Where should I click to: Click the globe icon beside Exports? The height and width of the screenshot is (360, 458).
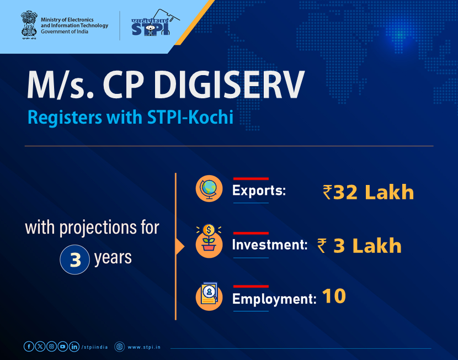(x=209, y=189)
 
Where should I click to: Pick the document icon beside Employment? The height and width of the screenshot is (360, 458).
(x=209, y=297)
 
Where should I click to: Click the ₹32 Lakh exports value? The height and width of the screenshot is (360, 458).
(x=368, y=192)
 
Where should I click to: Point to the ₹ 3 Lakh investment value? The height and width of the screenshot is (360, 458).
(x=359, y=246)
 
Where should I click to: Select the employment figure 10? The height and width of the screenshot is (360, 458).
(x=334, y=297)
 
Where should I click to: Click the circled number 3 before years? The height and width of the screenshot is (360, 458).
(x=74, y=259)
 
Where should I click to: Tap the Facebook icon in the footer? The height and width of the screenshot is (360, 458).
(x=29, y=347)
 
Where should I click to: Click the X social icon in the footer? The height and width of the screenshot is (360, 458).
(x=40, y=347)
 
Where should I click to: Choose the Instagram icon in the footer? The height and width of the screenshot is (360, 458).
(x=51, y=347)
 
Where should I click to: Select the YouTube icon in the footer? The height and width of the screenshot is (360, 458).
(x=63, y=347)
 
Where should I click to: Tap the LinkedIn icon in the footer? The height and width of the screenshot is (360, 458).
(x=74, y=347)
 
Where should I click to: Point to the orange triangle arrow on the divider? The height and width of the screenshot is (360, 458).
(x=179, y=246)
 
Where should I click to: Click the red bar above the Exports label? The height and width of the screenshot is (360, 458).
(x=251, y=178)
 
